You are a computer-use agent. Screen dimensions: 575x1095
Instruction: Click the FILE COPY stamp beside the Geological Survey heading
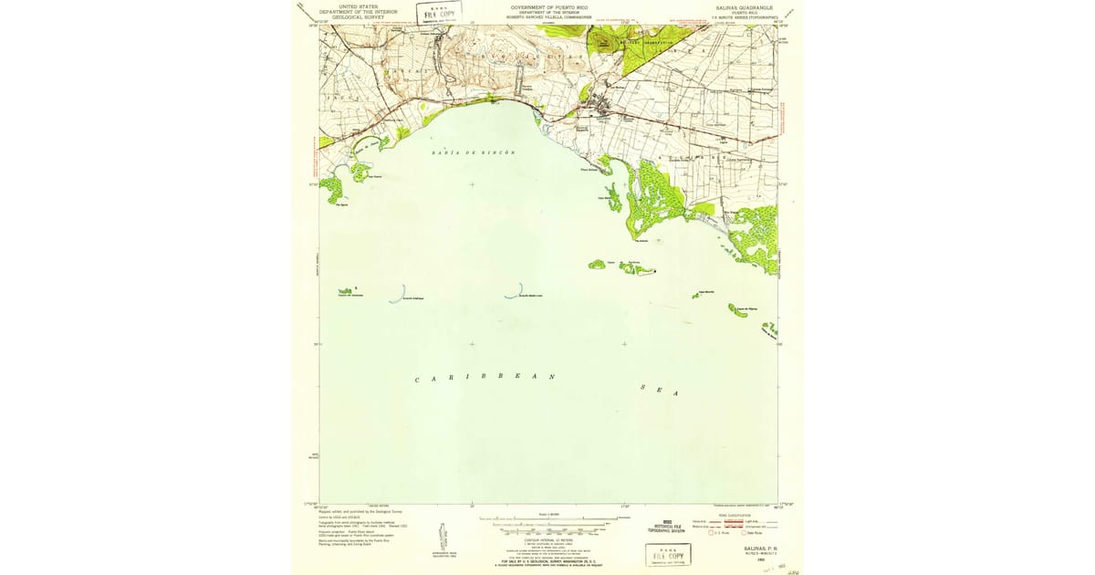point(440,13)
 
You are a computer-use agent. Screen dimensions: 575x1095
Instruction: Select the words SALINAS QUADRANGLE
point(747,5)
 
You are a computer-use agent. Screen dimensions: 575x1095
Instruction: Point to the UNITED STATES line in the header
point(357,5)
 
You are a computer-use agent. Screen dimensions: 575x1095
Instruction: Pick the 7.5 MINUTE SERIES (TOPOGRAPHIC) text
point(747,16)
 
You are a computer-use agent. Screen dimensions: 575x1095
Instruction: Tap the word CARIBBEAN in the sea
point(485,377)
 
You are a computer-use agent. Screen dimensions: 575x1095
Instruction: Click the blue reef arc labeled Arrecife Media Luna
point(516,291)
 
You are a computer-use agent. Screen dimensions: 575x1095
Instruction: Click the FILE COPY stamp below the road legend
point(667,555)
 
